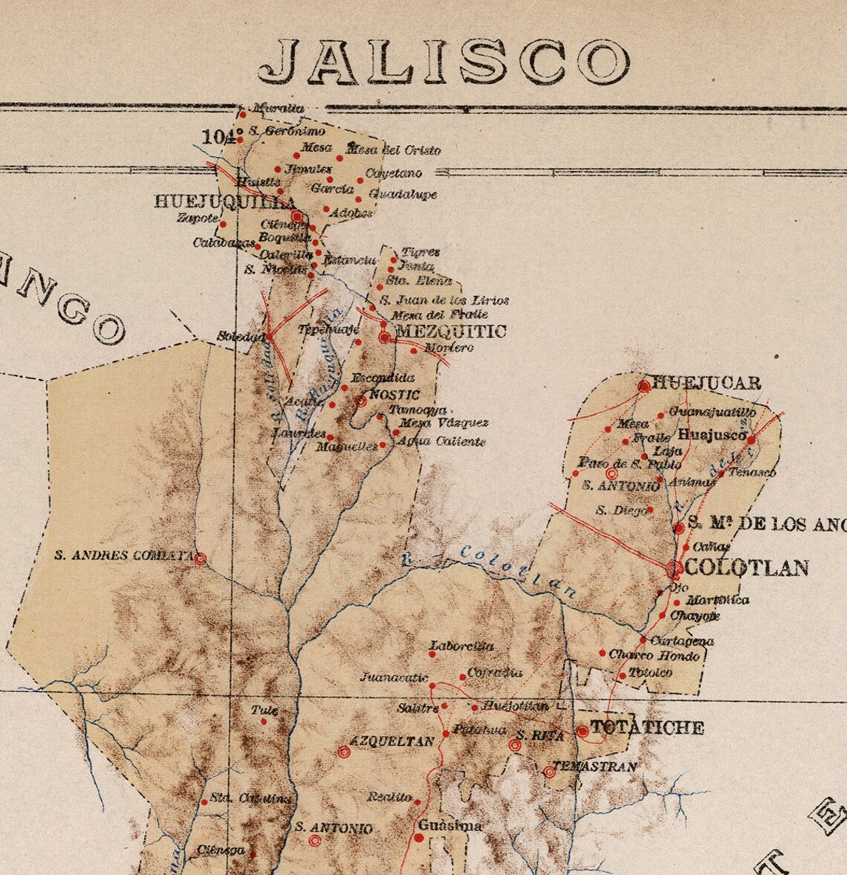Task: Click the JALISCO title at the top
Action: point(444,61)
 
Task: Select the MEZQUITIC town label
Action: point(452,331)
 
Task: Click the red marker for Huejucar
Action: point(644,386)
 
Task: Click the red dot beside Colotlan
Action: point(675,569)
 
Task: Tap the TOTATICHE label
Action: point(647,728)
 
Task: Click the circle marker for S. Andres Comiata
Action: point(200,558)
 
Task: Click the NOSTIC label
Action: point(395,395)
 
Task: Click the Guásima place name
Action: point(450,825)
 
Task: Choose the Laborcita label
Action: point(461,647)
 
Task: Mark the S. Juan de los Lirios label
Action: point(444,301)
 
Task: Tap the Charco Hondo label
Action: point(654,656)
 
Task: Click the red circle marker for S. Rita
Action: point(515,745)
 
